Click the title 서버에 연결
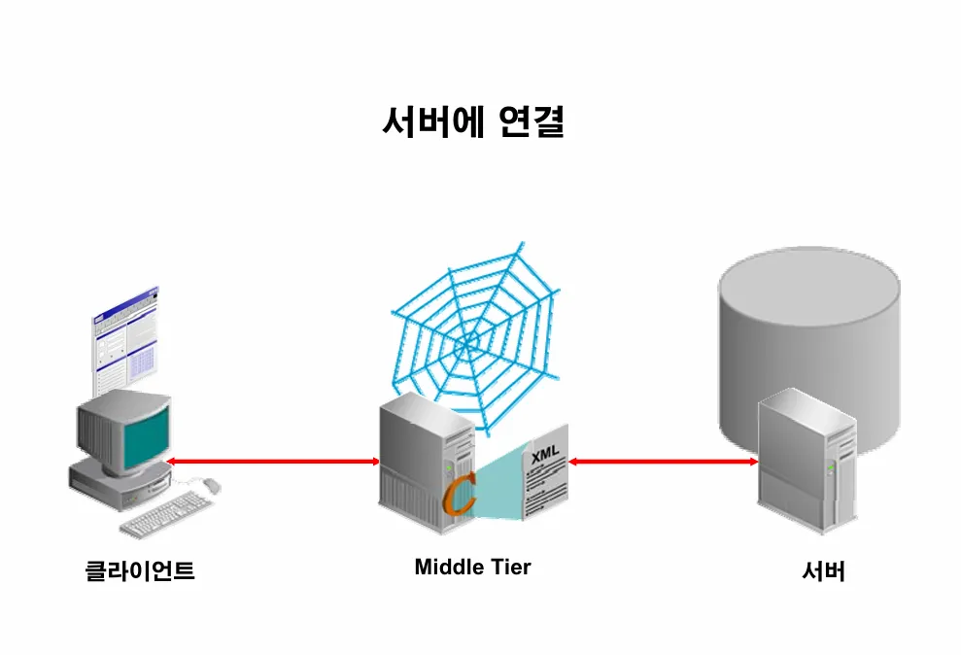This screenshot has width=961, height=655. point(472,122)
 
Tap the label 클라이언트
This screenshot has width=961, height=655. point(140,570)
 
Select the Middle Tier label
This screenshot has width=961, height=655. point(472,567)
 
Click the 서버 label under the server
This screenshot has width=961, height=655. point(823,571)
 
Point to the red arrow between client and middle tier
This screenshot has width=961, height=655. point(272,461)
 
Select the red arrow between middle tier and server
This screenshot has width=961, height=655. point(664,462)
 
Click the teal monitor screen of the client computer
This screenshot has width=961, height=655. point(145,431)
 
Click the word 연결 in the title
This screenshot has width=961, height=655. point(530,122)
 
